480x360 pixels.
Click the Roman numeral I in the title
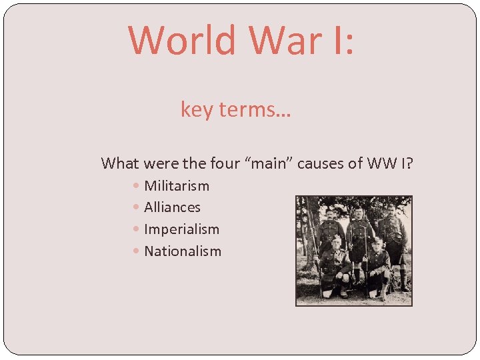coord(339,40)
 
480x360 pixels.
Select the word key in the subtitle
coord(196,109)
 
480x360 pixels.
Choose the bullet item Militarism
coord(177,185)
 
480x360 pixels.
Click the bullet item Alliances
coord(172,207)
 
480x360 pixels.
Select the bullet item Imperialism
coord(181,229)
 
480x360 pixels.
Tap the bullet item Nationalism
coord(183,251)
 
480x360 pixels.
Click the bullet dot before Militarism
coord(136,186)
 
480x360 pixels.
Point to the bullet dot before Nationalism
coord(136,252)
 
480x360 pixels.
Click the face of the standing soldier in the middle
coord(359,213)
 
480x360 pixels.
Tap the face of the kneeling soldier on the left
coord(336,241)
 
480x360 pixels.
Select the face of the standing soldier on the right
coord(391,209)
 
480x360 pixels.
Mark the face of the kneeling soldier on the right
coord(378,243)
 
